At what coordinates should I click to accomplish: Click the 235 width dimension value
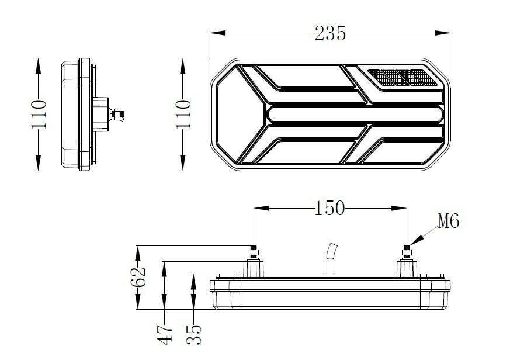[x=330, y=33]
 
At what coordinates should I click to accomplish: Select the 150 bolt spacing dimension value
[x=329, y=207]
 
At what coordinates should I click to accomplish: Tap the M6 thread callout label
[x=448, y=221]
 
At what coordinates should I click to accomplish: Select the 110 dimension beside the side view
[x=38, y=115]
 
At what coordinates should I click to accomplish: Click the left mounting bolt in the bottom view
[x=254, y=254]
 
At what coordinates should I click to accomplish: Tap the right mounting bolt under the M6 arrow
[x=406, y=254]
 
